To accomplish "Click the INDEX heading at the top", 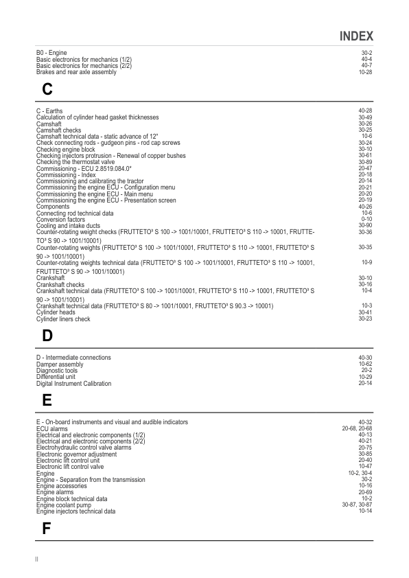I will coord(356,36).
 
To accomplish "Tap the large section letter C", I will coord(47,89).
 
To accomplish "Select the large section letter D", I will coord(47,336).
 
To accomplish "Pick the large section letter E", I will coord(47,401).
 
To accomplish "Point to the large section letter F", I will coord(46,529).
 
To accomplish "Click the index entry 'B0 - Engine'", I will coord(51,53).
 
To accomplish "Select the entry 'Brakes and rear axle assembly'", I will coord(76,72).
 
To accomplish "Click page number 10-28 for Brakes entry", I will coord(365,72).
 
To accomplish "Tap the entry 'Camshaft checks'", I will coord(58,130).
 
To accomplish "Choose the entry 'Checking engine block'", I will coord(65,149).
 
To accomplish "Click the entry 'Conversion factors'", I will coord(62,220).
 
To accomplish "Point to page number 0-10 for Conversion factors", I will coord(366,220).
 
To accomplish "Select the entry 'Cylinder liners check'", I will coord(63,319).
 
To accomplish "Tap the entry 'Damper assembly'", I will coord(60,365).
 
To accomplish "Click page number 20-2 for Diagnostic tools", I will coord(366,371).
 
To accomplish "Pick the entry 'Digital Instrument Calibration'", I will coord(73,384).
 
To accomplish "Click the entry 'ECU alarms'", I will coord(52,428).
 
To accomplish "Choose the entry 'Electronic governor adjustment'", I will coord(76,454).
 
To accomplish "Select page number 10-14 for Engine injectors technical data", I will coord(365,511).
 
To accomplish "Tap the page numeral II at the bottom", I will coord(37,559).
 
